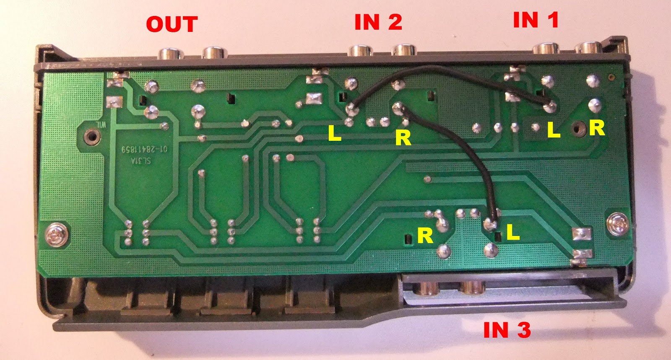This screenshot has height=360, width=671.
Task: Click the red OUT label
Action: coord(172,24)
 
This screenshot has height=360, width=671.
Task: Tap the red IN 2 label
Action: coord(378,22)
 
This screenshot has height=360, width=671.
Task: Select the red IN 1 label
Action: coord(536,20)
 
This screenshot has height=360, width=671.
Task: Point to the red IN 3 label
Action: coord(507,330)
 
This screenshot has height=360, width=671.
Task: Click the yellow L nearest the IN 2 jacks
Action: coord(334,134)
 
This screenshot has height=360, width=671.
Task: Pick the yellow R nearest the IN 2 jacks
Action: coord(403,138)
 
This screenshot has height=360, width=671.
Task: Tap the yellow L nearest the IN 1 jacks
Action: coord(554,130)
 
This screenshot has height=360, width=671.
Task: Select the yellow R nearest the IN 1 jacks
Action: coord(597,128)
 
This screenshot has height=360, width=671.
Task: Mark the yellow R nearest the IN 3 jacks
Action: coord(425,236)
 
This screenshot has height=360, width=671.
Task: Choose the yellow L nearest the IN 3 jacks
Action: coord(512,232)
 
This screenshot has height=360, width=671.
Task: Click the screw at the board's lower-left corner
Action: coord(55,234)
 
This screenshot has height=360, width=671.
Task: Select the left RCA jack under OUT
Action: coord(171,53)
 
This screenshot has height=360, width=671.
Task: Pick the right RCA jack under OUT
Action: coord(215,53)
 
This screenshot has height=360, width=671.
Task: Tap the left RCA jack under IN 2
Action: coord(360,51)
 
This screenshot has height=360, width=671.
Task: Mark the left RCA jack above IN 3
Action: coord(427,288)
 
